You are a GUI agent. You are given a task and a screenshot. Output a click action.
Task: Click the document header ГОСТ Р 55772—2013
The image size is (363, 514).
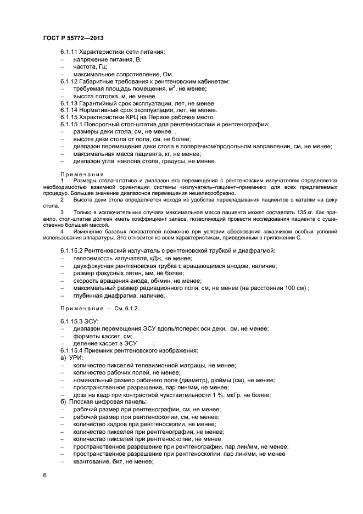73,37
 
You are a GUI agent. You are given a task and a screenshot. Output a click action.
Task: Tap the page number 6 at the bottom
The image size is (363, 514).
44,474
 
